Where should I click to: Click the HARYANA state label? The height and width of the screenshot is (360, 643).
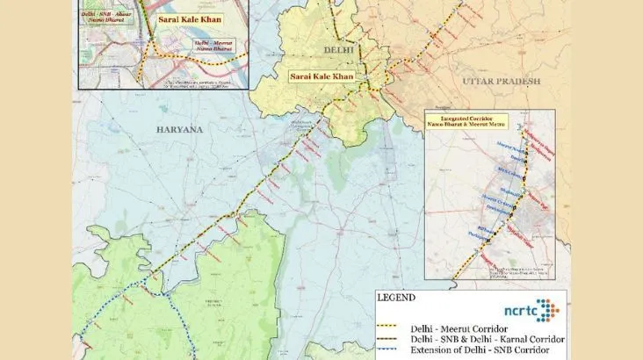(x=179, y=130)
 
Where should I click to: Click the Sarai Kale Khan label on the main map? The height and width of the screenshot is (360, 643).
(x=325, y=77)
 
